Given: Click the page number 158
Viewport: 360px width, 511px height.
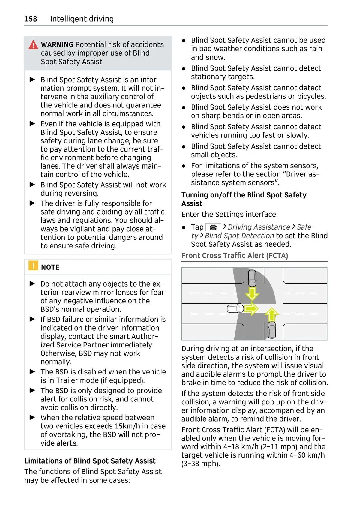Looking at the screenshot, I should tap(31, 19).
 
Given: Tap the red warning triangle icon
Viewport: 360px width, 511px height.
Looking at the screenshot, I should tap(33, 45).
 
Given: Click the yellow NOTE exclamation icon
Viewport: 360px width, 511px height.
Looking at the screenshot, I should tap(33, 266).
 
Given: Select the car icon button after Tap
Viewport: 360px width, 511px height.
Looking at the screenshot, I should tap(213, 227).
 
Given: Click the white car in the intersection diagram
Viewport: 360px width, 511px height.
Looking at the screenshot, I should tap(235, 308).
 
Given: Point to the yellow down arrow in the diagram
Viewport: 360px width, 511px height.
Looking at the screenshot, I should tap(252, 293).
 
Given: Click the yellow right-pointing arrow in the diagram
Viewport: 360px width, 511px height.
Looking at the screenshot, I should tap(251, 308).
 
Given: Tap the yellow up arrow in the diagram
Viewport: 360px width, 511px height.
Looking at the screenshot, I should tap(272, 314).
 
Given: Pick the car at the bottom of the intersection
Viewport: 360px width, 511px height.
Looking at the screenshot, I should tap(272, 329).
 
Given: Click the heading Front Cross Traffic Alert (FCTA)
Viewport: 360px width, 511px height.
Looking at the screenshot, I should tap(235, 256).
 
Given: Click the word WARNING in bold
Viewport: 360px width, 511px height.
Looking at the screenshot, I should tap(57, 45).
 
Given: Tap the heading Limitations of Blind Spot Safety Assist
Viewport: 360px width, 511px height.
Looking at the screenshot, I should tap(90, 461).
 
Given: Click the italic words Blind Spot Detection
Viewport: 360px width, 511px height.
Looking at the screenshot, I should tap(239, 236).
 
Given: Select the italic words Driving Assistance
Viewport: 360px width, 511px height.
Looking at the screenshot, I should tap(259, 227).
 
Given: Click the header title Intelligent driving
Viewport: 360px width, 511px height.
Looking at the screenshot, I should tap(82, 19).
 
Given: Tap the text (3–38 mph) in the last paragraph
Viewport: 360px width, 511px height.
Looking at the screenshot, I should tap(200, 464).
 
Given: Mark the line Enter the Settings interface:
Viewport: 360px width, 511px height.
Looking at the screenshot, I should tap(229, 214).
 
